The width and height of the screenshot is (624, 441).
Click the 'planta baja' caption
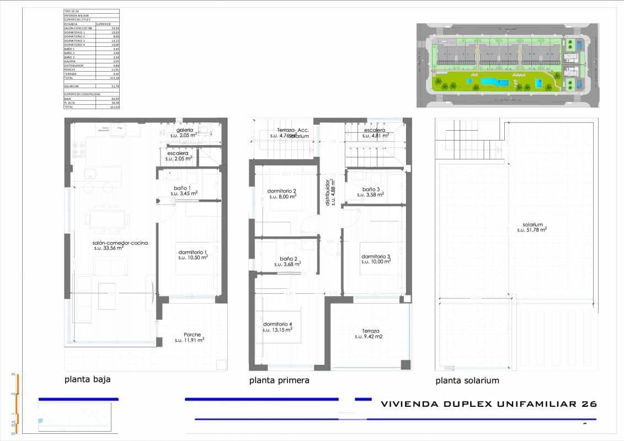[x=92, y=379]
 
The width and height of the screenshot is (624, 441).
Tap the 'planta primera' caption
[x=279, y=380]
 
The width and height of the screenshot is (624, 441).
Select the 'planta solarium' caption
[x=467, y=380]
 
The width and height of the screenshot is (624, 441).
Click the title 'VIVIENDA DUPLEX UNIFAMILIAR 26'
[x=489, y=404]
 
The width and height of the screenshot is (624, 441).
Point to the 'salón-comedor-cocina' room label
[x=120, y=243]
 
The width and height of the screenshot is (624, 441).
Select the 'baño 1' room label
[x=182, y=188]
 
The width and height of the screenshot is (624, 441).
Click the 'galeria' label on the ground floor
[x=184, y=130]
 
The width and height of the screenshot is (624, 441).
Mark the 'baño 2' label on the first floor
[x=289, y=259]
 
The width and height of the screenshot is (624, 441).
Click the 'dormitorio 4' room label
[x=278, y=324]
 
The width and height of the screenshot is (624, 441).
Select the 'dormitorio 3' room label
[x=376, y=257]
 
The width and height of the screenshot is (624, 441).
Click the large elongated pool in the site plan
[x=494, y=82]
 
